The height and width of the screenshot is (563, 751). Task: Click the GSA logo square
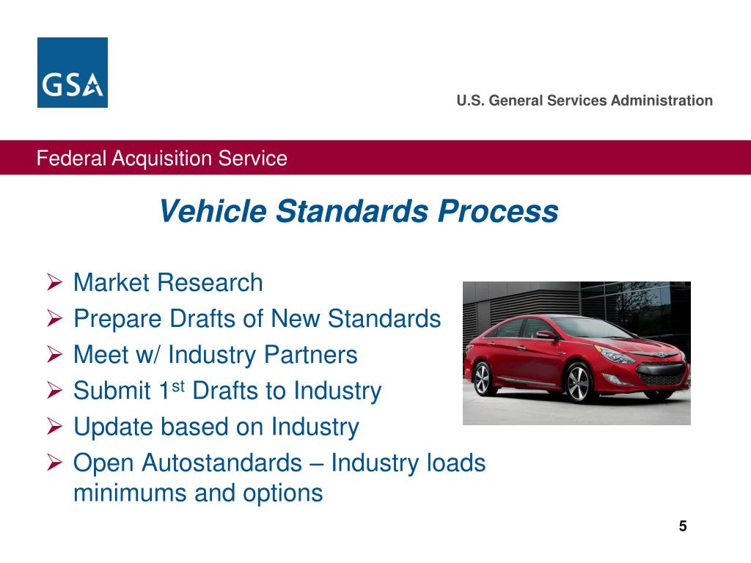73,73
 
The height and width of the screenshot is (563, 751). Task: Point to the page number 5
683,526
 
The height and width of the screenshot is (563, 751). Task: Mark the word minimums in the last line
129,493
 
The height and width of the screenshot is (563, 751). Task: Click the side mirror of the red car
547,335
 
